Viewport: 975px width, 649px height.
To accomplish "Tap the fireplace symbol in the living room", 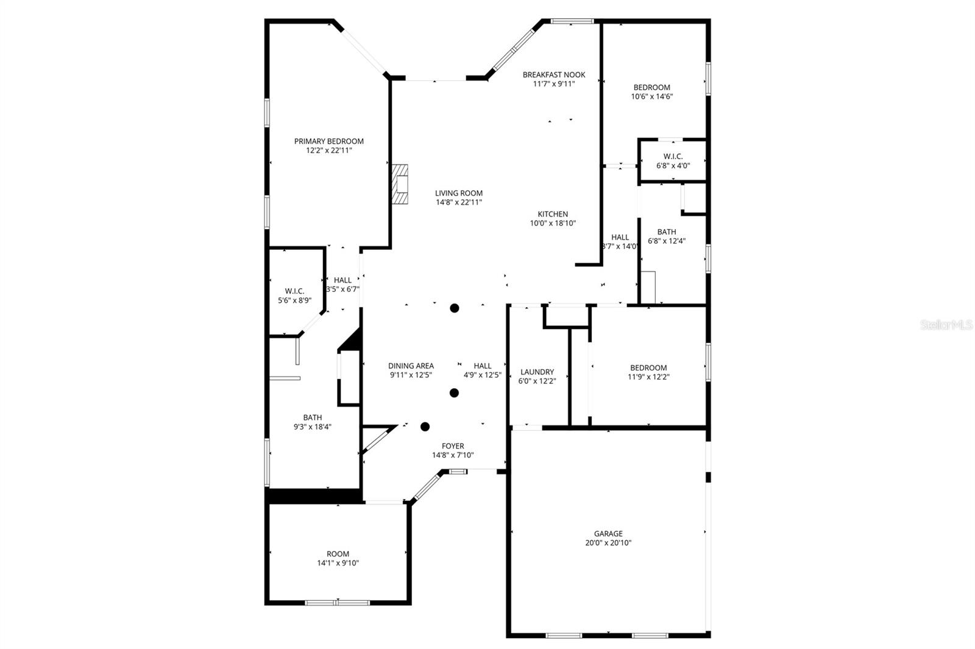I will click(x=400, y=183).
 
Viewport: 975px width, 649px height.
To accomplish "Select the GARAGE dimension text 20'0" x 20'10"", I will click(x=608, y=542).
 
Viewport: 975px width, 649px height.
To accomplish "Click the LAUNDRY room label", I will click(x=537, y=372).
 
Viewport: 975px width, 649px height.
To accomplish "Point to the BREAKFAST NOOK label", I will click(x=553, y=75).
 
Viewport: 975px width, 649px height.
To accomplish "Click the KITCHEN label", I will click(x=553, y=214).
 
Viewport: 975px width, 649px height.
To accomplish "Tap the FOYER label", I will click(x=453, y=446).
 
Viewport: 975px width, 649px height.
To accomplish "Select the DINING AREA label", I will click(x=411, y=366).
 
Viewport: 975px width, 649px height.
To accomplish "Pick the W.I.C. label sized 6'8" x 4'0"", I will click(x=673, y=157).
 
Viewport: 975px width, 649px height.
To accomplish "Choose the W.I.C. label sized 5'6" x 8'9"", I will click(x=294, y=291).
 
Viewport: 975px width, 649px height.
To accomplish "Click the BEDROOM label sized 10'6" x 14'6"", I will click(x=651, y=87).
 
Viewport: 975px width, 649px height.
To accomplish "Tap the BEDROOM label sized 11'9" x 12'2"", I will click(x=648, y=367).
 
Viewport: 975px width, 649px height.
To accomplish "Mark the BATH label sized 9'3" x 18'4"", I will click(x=312, y=417).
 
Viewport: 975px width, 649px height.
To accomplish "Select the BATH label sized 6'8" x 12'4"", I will click(x=666, y=232).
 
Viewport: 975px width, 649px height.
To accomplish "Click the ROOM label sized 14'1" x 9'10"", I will click(x=338, y=554).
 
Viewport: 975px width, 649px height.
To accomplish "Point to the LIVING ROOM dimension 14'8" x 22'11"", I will click(x=458, y=202).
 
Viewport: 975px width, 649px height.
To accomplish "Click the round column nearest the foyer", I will click(x=425, y=427).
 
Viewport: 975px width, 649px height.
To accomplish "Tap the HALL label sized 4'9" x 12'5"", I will click(x=482, y=366).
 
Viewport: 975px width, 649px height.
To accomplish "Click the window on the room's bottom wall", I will click(x=337, y=603).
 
